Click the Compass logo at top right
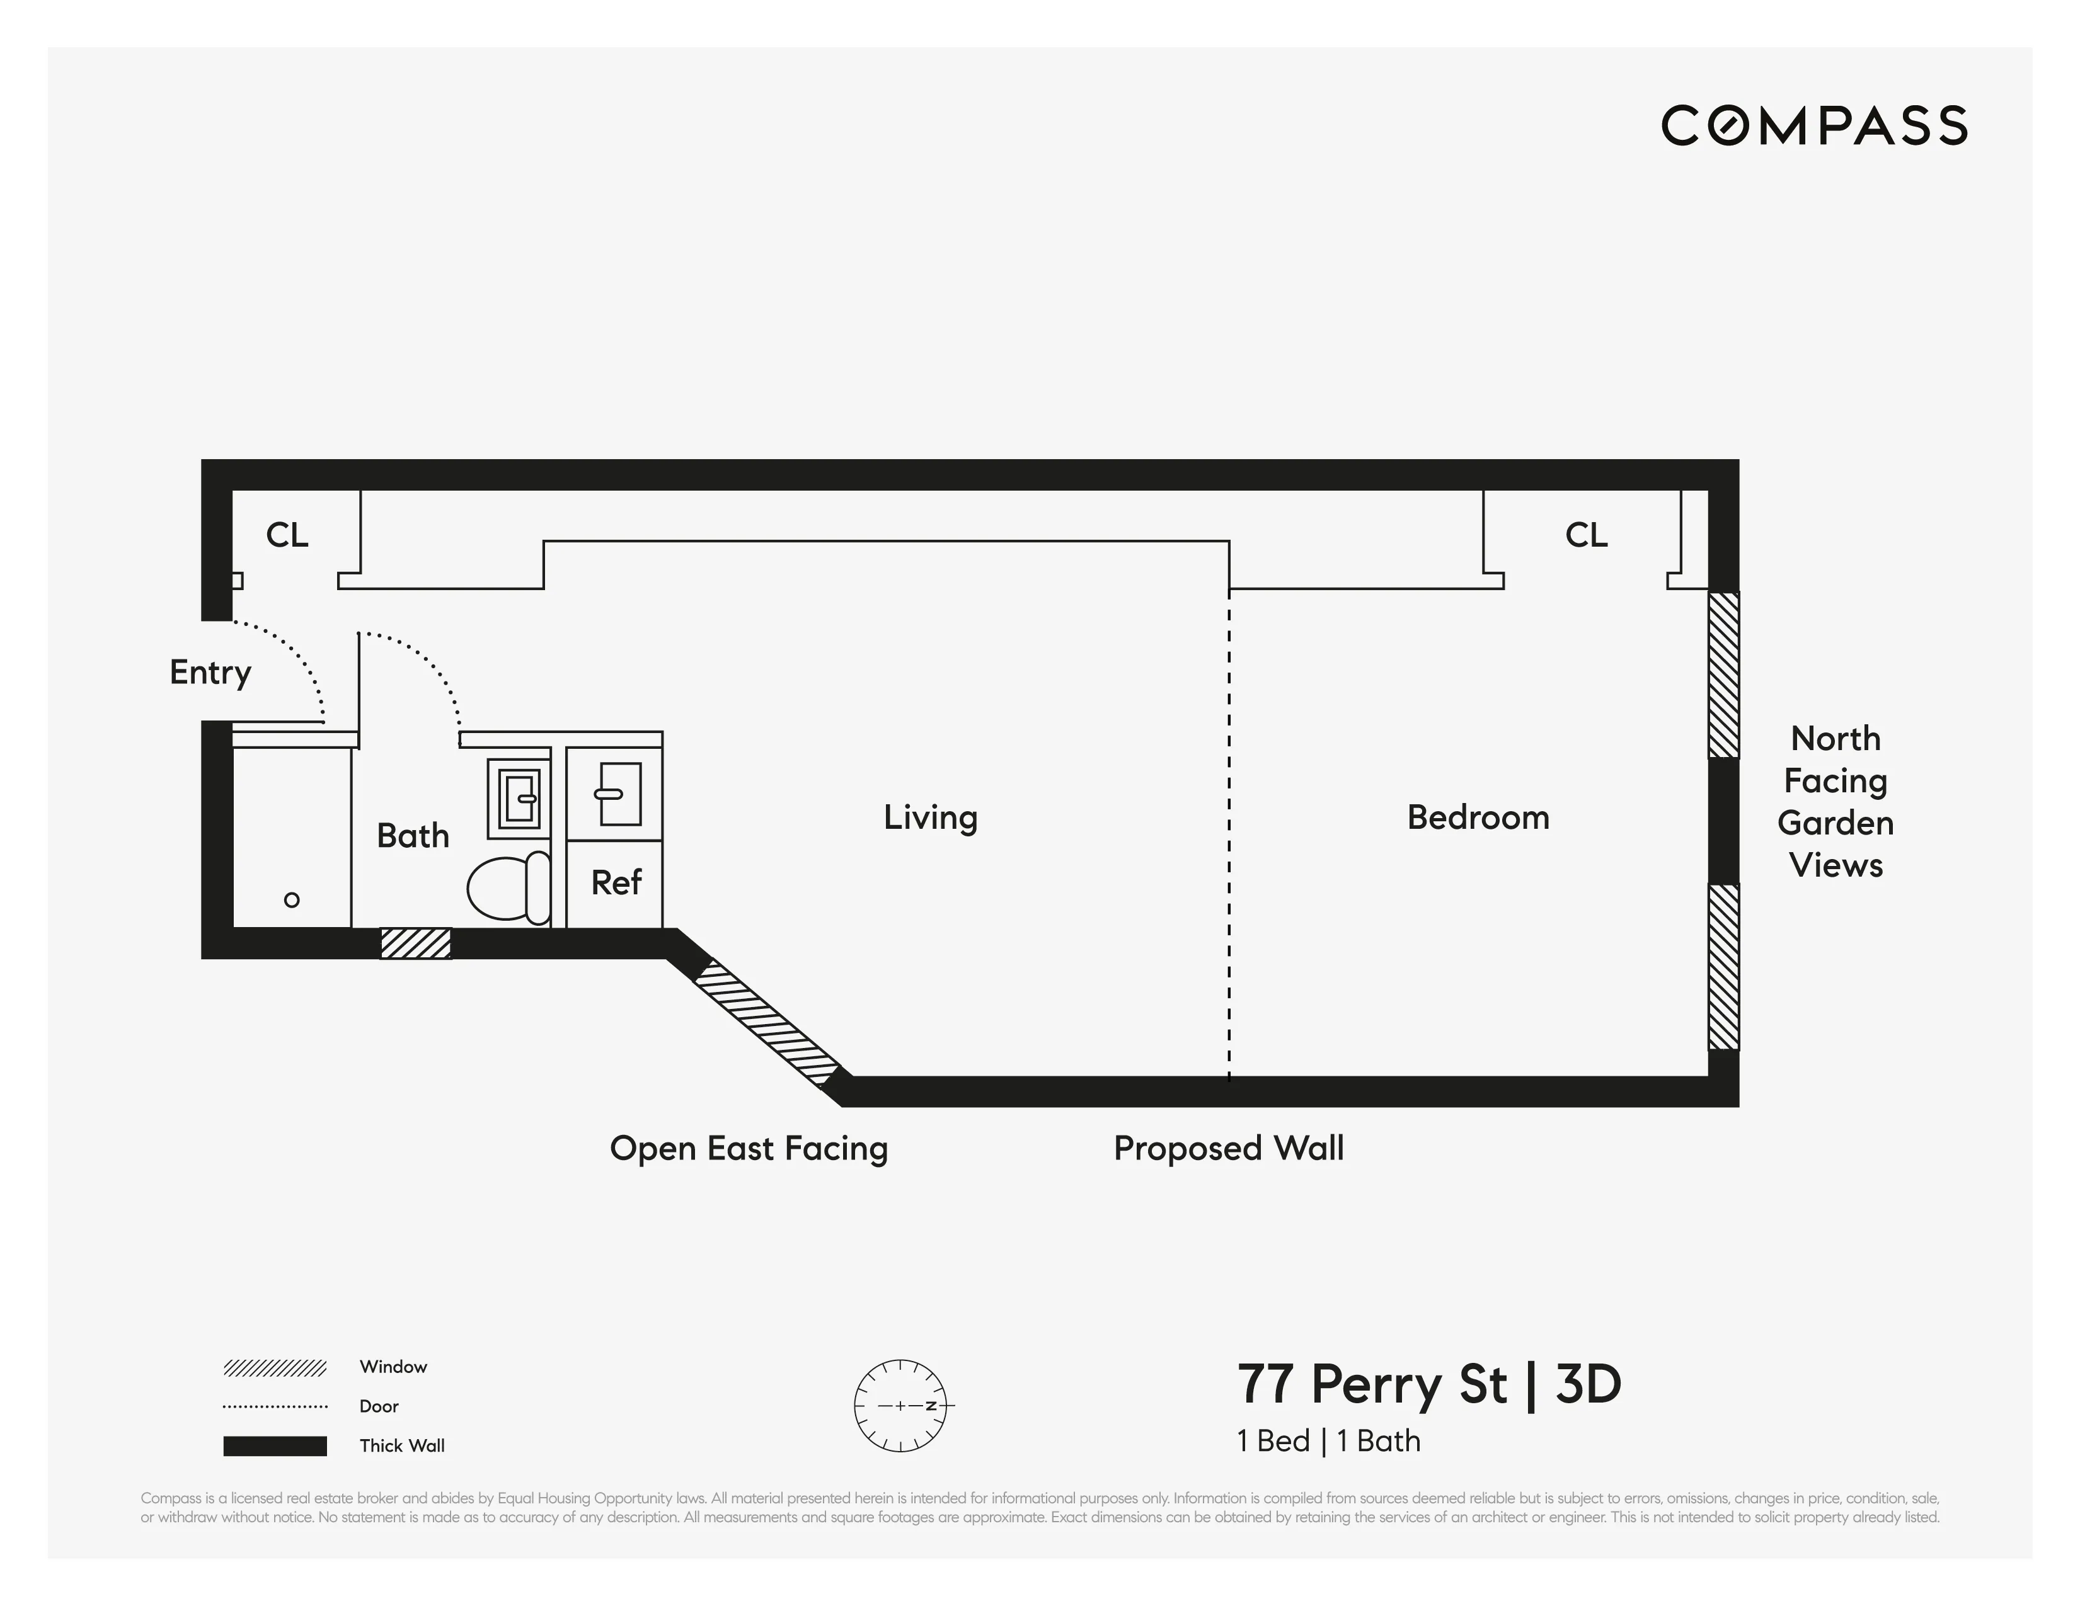pos(1813,126)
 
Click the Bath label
pos(412,836)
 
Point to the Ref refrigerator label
pos(616,882)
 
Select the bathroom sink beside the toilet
pos(519,798)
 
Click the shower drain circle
pos(292,899)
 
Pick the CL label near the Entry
pos(287,535)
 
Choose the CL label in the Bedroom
pos(1586,535)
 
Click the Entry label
pos(210,672)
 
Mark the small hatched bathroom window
pos(415,943)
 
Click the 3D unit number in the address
pos(1588,1384)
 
